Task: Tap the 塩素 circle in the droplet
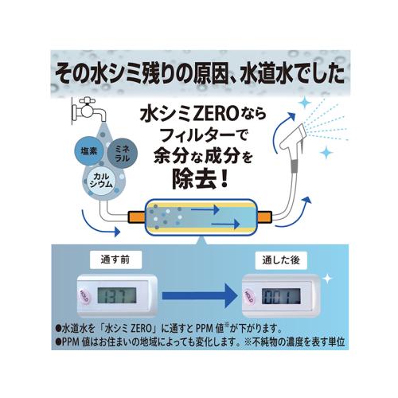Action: (89, 151)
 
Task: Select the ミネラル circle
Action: (123, 154)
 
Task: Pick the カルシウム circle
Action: (101, 181)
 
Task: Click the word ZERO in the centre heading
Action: (215, 115)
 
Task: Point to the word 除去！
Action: (200, 179)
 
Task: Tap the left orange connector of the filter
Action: (137, 217)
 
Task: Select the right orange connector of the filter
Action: (265, 217)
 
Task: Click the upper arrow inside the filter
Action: (205, 209)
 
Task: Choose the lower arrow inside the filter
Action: (226, 224)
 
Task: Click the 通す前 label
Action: (115, 259)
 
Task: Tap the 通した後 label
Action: (281, 260)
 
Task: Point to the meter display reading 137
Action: (117, 295)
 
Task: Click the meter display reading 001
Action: (281, 296)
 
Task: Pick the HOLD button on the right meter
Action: (249, 296)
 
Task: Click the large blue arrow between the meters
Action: (200, 295)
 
